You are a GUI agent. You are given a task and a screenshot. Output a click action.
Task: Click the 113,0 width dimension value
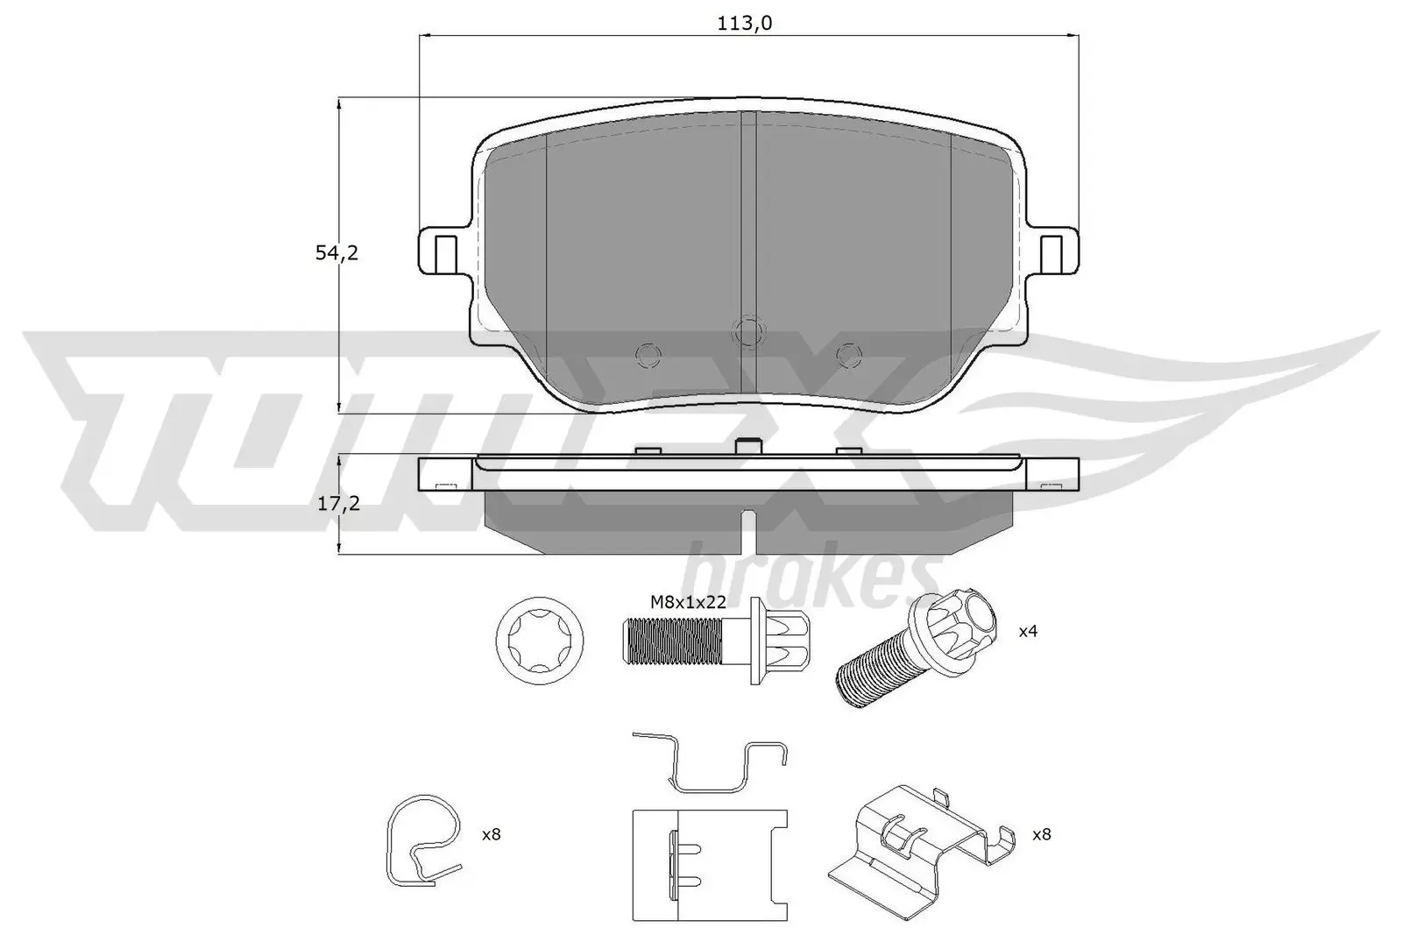(x=744, y=24)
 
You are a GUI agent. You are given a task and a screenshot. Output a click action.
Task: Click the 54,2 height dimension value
(x=337, y=253)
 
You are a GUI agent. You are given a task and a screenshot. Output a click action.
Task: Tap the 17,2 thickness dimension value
(x=337, y=504)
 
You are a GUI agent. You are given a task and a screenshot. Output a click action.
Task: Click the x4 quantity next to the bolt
(x=1028, y=630)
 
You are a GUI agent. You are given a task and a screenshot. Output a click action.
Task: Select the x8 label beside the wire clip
(x=491, y=835)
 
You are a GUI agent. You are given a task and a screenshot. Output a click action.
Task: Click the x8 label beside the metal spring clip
(x=1040, y=835)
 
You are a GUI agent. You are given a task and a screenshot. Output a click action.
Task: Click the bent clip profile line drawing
(x=710, y=761)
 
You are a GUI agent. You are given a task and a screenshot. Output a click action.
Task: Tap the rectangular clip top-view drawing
(x=709, y=864)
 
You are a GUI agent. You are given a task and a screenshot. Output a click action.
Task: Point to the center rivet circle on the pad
(x=747, y=330)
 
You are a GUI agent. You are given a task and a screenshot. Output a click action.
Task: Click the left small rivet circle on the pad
(x=648, y=353)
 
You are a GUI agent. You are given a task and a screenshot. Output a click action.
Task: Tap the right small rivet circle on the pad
(x=846, y=353)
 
